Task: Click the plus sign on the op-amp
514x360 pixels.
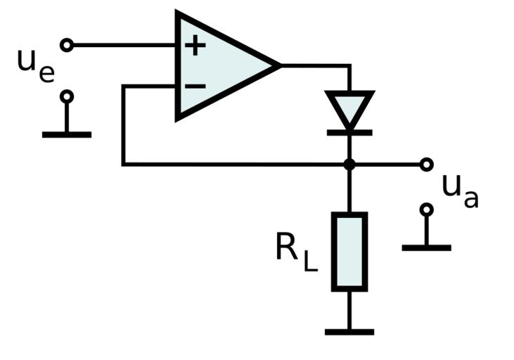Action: pyautogui.click(x=195, y=46)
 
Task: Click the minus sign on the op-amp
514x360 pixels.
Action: pyautogui.click(x=195, y=86)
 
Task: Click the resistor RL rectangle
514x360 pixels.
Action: pyautogui.click(x=349, y=251)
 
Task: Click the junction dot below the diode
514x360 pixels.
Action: pyautogui.click(x=349, y=165)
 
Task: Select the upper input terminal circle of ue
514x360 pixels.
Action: pyautogui.click(x=67, y=46)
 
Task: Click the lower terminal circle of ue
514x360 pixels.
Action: pyautogui.click(x=67, y=96)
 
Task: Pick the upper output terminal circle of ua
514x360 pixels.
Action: pyautogui.click(x=426, y=165)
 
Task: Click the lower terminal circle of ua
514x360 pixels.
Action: pyautogui.click(x=426, y=210)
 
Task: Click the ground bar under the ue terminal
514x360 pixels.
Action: pyautogui.click(x=67, y=134)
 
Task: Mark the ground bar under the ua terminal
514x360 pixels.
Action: pyautogui.click(x=426, y=247)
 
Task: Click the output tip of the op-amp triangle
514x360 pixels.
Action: pyautogui.click(x=279, y=65)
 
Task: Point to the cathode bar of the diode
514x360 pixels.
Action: pyautogui.click(x=349, y=129)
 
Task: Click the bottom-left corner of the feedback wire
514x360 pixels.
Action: pyautogui.click(x=124, y=165)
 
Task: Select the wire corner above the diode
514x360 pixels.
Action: pyautogui.click(x=349, y=65)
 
